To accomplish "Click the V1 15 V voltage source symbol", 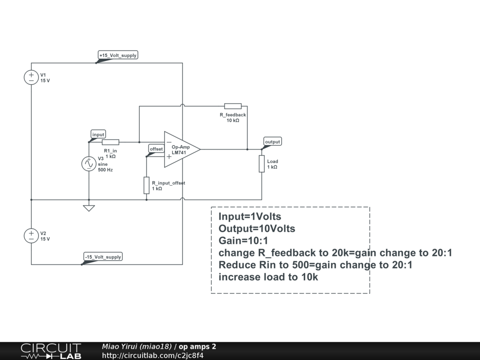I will coord(31,77).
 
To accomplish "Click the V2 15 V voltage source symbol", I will coord(31,236).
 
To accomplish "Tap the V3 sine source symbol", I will coord(89,164).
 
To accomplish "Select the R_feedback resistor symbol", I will coord(233,106).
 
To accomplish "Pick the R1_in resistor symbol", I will coord(111,142).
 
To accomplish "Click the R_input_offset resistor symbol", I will coord(147,185).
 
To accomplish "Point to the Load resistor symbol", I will coord(262,164).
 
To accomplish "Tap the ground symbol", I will coord(89,208).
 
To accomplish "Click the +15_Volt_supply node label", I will coord(118,55).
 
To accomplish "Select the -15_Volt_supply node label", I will coord(103,257).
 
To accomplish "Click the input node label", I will coord(98,135).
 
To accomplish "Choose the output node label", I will coord(272,142).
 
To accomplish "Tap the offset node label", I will coord(156,149).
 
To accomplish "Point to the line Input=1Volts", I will coord(250,217).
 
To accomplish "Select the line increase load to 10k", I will coord(268,277).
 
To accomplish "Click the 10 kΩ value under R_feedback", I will coord(232,121).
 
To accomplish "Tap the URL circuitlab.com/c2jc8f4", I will coord(153,355).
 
